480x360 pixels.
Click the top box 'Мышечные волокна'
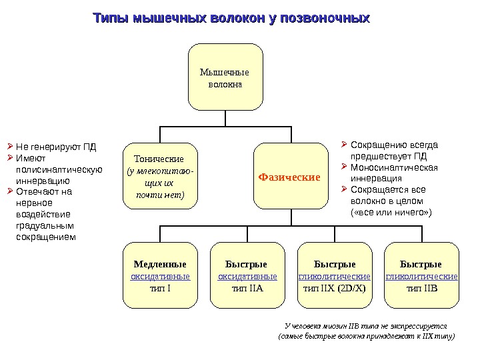[225, 77]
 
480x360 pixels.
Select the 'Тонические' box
[159, 177]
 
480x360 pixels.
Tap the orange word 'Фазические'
[289, 177]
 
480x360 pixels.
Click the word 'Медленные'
[160, 264]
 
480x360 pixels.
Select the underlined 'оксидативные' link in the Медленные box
[160, 276]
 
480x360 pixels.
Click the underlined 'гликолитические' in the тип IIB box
[421, 276]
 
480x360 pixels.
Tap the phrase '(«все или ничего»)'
[391, 212]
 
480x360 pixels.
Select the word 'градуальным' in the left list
[43, 225]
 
